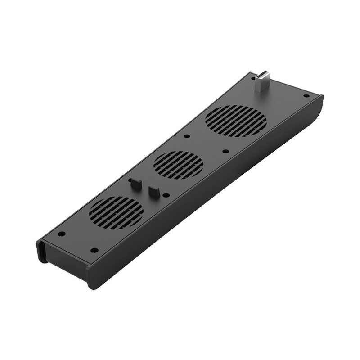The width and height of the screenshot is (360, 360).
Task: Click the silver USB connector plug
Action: [260, 84]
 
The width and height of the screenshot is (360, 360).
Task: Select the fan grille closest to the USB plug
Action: [235, 121]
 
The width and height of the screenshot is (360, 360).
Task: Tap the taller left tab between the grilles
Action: [134, 184]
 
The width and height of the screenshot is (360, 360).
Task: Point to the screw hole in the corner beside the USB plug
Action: [306, 95]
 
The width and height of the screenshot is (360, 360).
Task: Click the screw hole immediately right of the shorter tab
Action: [167, 195]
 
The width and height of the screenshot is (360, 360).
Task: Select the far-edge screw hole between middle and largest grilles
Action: [187, 136]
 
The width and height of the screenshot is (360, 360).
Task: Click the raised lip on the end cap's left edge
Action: [40, 252]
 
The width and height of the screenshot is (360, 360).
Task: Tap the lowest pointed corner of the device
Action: [92, 286]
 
